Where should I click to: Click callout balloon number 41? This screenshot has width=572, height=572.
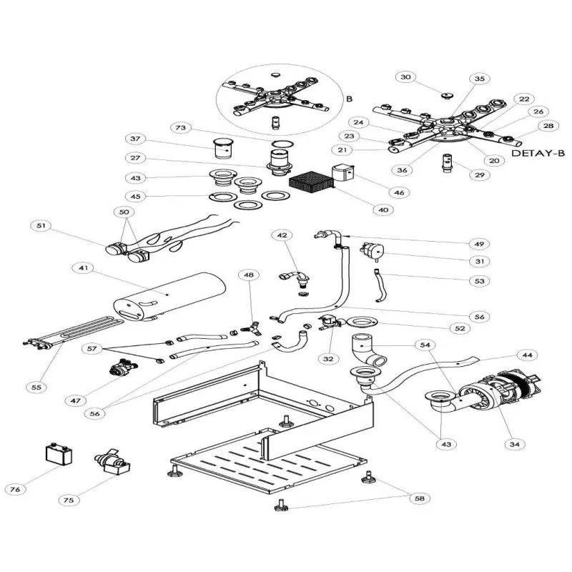84,268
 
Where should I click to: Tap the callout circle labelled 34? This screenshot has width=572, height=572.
513,444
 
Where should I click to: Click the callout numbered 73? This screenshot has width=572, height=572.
181,127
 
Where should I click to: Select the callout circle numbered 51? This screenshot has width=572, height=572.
41,227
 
